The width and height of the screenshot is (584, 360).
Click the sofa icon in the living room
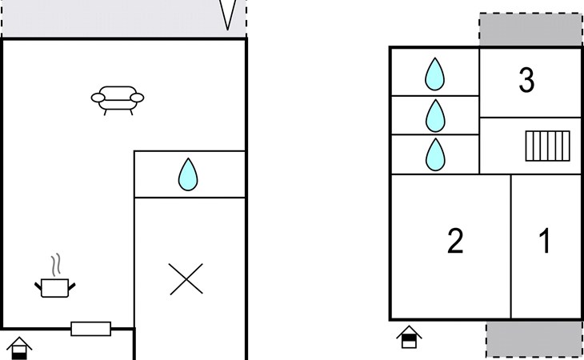click(x=118, y=100)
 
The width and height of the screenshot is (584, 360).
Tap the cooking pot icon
click(x=55, y=288)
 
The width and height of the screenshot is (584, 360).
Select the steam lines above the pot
click(x=56, y=265)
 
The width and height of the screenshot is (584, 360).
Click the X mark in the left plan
click(x=186, y=279)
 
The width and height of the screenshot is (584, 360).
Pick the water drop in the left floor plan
click(x=188, y=174)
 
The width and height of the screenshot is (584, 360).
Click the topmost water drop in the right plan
click(x=434, y=74)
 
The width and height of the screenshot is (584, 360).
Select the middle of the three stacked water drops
click(x=435, y=116)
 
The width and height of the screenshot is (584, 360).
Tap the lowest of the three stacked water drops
click(x=435, y=155)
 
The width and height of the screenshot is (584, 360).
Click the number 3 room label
click(x=526, y=80)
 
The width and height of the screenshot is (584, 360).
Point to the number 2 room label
click(x=455, y=241)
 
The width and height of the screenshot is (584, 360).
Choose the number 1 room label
click(x=545, y=241)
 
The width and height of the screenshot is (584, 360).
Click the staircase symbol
click(x=547, y=146)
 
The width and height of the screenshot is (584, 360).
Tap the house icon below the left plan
click(x=19, y=348)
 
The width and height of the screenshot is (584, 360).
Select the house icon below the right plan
click(x=409, y=337)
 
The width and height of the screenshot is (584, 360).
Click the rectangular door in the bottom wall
click(x=91, y=329)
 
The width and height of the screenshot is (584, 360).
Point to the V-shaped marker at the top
click(x=227, y=15)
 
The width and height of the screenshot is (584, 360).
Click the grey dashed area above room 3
click(x=530, y=30)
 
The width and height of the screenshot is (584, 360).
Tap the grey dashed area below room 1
click(x=534, y=339)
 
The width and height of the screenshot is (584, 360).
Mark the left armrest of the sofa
click(x=98, y=98)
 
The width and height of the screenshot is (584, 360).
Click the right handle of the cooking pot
click(x=72, y=286)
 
